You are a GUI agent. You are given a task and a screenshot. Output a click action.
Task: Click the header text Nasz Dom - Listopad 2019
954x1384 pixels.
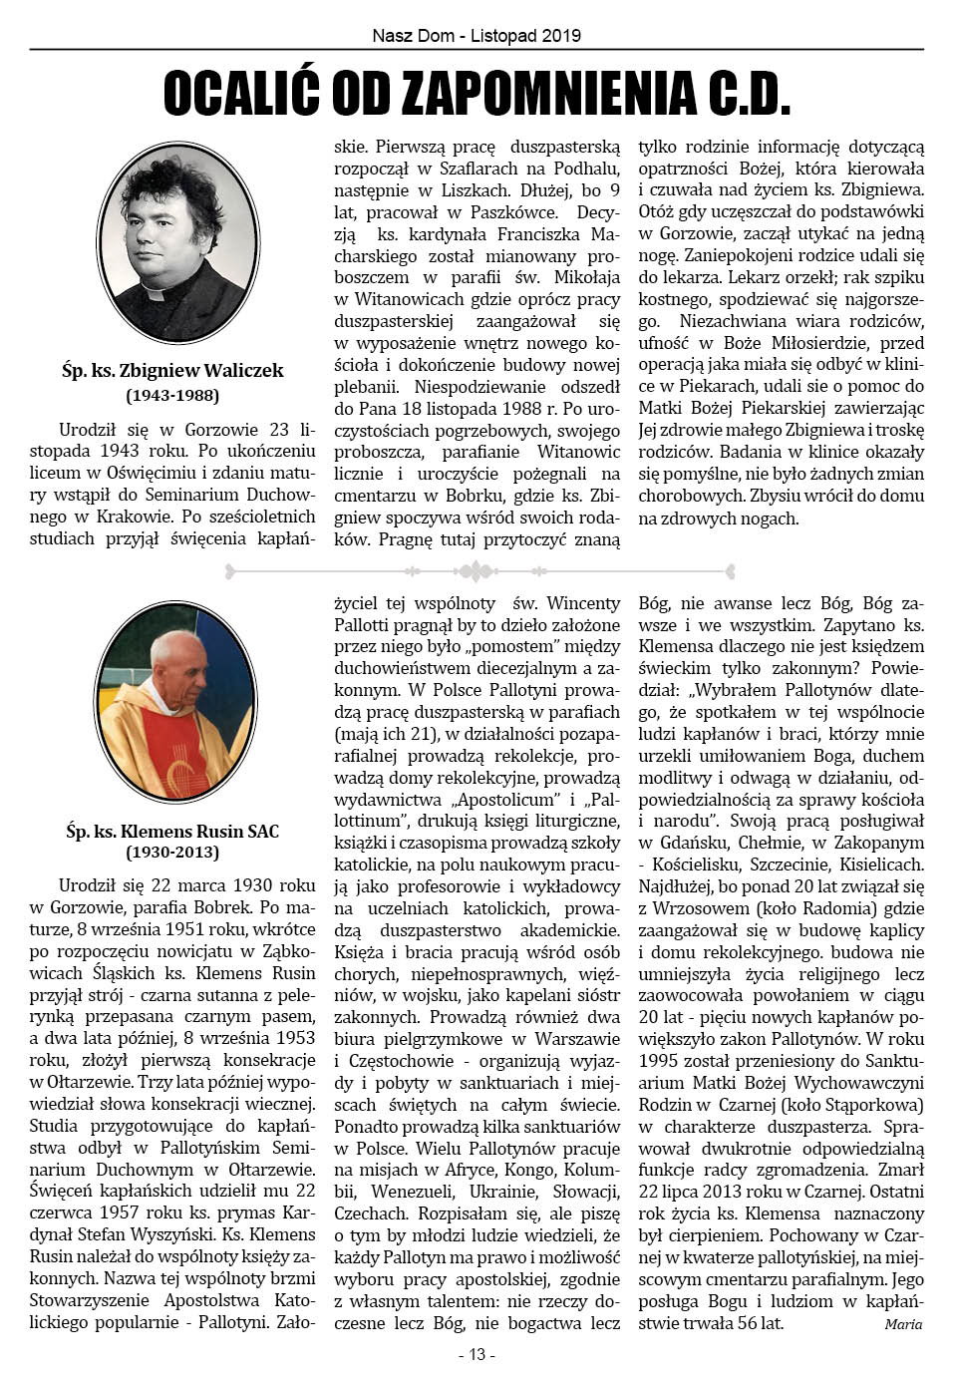477,35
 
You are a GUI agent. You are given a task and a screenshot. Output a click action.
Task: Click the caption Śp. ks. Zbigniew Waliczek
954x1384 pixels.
172,371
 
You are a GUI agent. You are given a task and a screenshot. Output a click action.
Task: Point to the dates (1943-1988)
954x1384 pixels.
172,395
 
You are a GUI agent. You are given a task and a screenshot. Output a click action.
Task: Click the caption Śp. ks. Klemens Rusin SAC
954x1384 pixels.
172,832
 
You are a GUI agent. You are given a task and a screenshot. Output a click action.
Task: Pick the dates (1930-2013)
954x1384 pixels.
172,853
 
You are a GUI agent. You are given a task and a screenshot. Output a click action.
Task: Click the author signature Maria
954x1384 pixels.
902,1324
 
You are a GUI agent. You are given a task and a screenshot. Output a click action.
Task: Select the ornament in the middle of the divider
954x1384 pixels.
476,571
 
